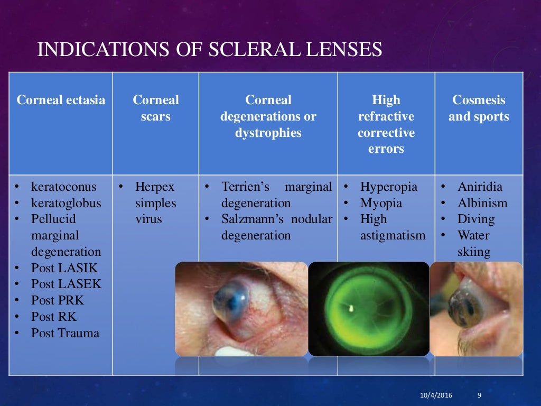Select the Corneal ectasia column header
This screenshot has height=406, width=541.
coord(61,100)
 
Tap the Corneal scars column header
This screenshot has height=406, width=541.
coord(156,108)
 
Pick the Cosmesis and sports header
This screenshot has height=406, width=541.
coord(479,108)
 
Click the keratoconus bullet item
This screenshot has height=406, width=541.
coord(64,187)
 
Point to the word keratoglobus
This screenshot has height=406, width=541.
coord(66,203)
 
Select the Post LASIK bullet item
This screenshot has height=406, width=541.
coord(64,267)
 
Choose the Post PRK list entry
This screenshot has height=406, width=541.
coord(58,300)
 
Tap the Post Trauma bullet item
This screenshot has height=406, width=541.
coord(65,333)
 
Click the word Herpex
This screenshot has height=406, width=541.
coord(155,187)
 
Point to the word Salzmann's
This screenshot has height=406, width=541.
coord(248,219)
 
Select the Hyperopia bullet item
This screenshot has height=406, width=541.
coord(388,187)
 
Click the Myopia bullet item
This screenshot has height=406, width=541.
coord(381,203)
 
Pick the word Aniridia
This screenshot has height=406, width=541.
coord(480,187)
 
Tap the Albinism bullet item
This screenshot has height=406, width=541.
coord(482,203)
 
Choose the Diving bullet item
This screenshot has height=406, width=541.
coord(476,219)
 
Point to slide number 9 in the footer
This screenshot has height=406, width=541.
coord(479,395)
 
